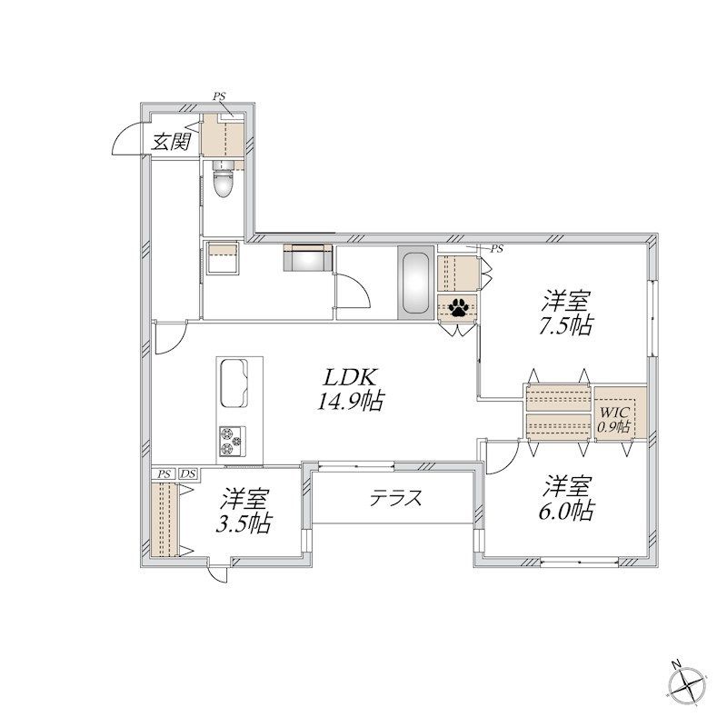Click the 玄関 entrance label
172,142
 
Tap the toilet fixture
223,179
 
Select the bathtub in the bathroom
416,283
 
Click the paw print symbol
459,306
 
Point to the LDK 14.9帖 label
351,390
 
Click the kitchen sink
234,383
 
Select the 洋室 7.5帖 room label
565,313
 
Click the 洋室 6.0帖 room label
565,498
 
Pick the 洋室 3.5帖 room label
244,511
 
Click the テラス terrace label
395,498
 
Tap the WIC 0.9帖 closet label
613,419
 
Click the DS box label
188,473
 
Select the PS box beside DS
164,473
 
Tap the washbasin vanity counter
308,257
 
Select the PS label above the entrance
219,96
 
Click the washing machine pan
223,258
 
